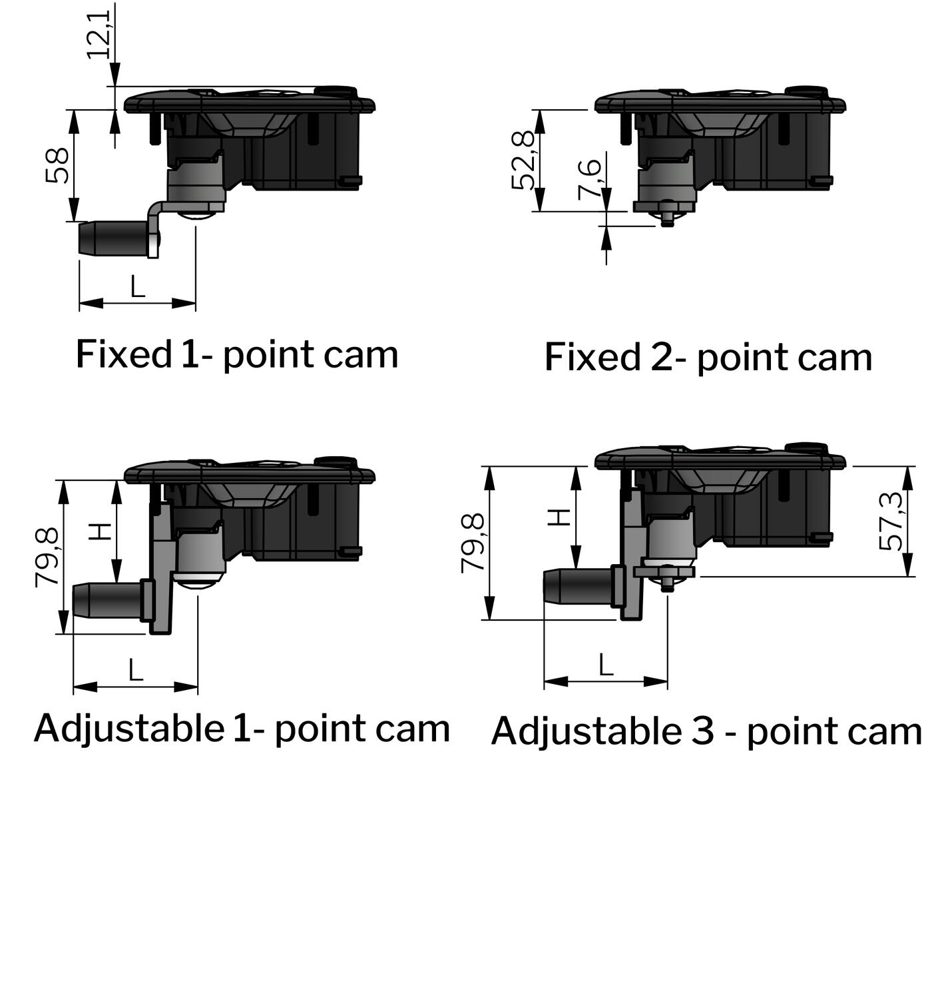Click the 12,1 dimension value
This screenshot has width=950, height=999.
pyautogui.click(x=100, y=33)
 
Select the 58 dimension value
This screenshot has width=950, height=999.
pyautogui.click(x=58, y=165)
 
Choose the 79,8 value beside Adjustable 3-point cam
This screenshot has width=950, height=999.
pyautogui.click(x=474, y=542)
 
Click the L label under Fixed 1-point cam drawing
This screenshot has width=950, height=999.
pyautogui.click(x=137, y=287)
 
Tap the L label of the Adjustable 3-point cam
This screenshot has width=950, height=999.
pyautogui.click(x=606, y=665)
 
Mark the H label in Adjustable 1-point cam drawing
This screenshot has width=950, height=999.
pyautogui.click(x=101, y=531)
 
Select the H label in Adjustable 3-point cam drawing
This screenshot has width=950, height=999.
pyautogui.click(x=561, y=517)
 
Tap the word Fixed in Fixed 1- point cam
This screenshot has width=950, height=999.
pyautogui.click(x=124, y=354)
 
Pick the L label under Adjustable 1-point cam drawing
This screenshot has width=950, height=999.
pyautogui.click(x=136, y=670)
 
